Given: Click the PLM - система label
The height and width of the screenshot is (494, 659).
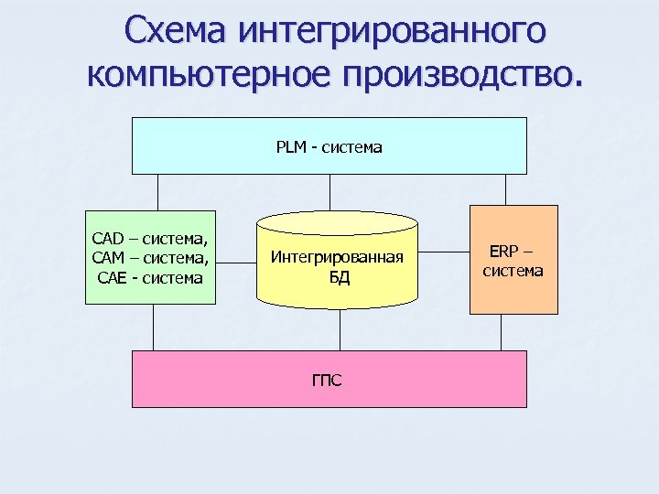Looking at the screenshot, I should [329, 146].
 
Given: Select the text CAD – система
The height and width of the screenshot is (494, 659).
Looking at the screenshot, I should [150, 240].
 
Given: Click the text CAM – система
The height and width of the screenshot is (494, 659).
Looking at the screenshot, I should [150, 258].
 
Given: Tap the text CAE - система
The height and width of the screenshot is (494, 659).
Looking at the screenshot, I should [150, 276].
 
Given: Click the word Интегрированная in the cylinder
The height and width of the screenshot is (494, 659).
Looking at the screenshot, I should [339, 259].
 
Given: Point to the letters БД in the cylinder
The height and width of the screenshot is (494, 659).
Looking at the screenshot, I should [339, 277].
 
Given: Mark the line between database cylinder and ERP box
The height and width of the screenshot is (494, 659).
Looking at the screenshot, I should [444, 253].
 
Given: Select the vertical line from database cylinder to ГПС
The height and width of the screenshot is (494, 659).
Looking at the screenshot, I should [340, 329].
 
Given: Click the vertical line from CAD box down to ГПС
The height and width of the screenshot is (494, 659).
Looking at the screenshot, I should [153, 327].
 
